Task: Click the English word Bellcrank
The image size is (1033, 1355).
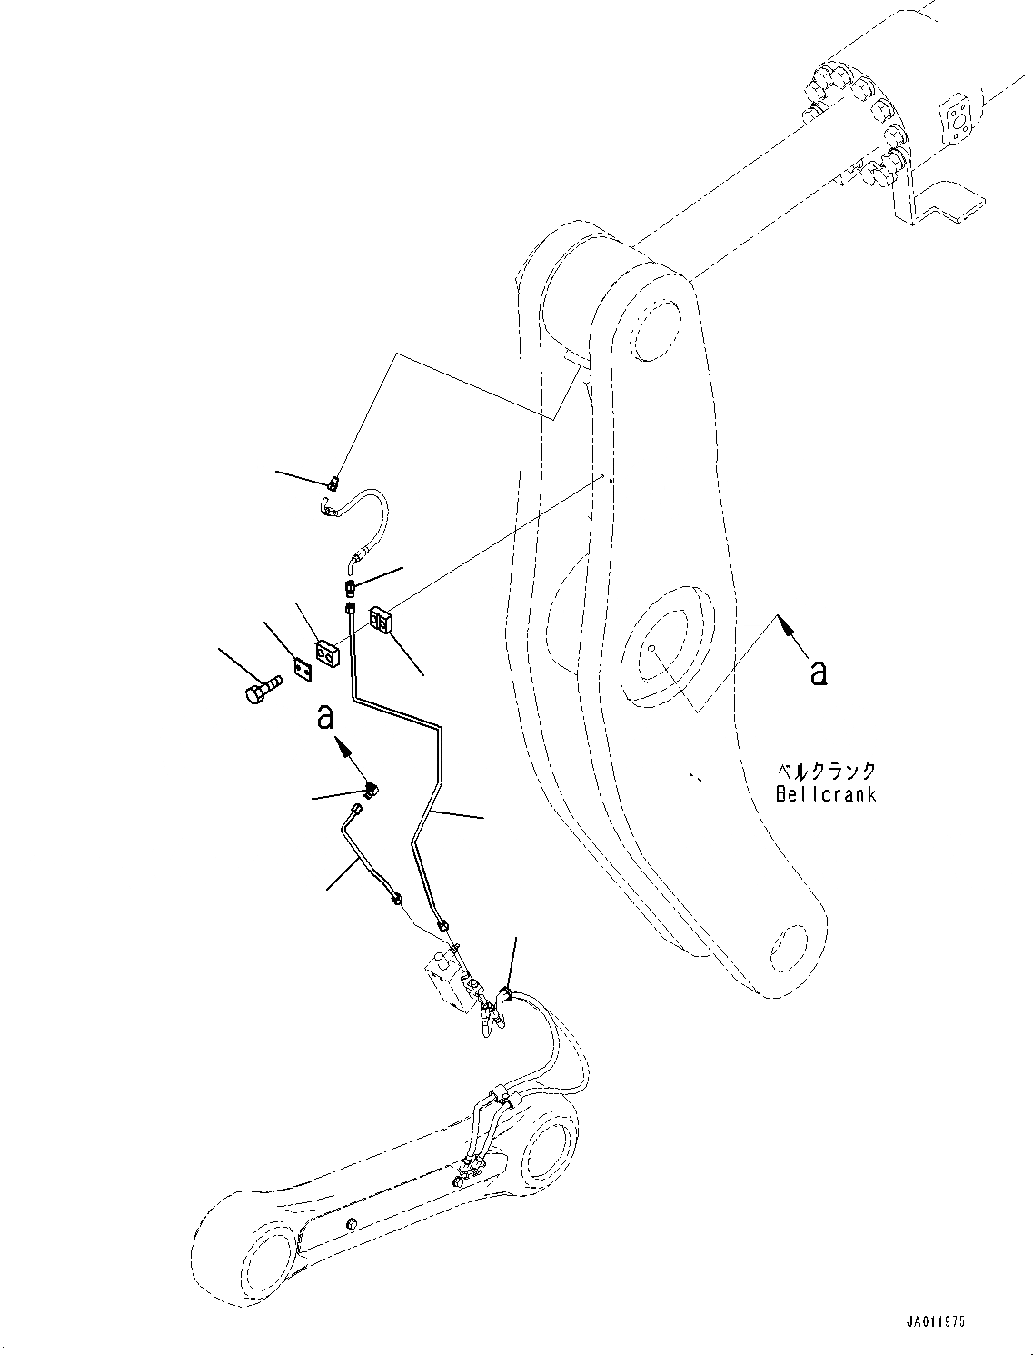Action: pyautogui.click(x=825, y=793)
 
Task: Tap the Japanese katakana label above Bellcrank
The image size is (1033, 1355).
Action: pyautogui.click(x=825, y=772)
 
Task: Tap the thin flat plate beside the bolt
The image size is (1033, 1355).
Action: pyautogui.click(x=303, y=670)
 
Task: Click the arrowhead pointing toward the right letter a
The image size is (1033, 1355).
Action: pyautogui.click(x=786, y=626)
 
